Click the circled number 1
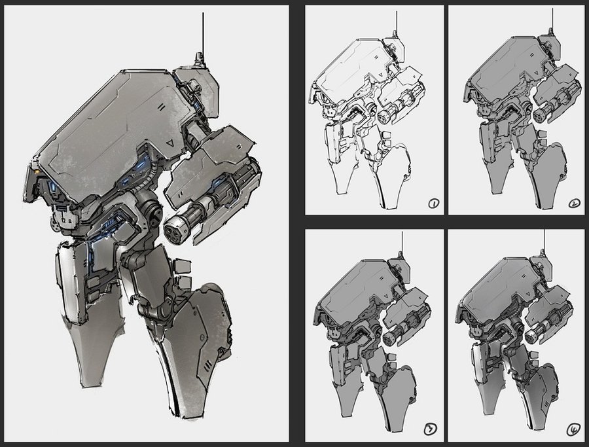pos(433,204)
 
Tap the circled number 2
pos(574,204)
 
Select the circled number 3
pos(431,429)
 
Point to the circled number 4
pos(573,429)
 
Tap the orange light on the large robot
pos(37,171)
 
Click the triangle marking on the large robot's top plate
pos(170,143)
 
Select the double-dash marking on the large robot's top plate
pos(161,107)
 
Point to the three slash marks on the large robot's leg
pos(207,365)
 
